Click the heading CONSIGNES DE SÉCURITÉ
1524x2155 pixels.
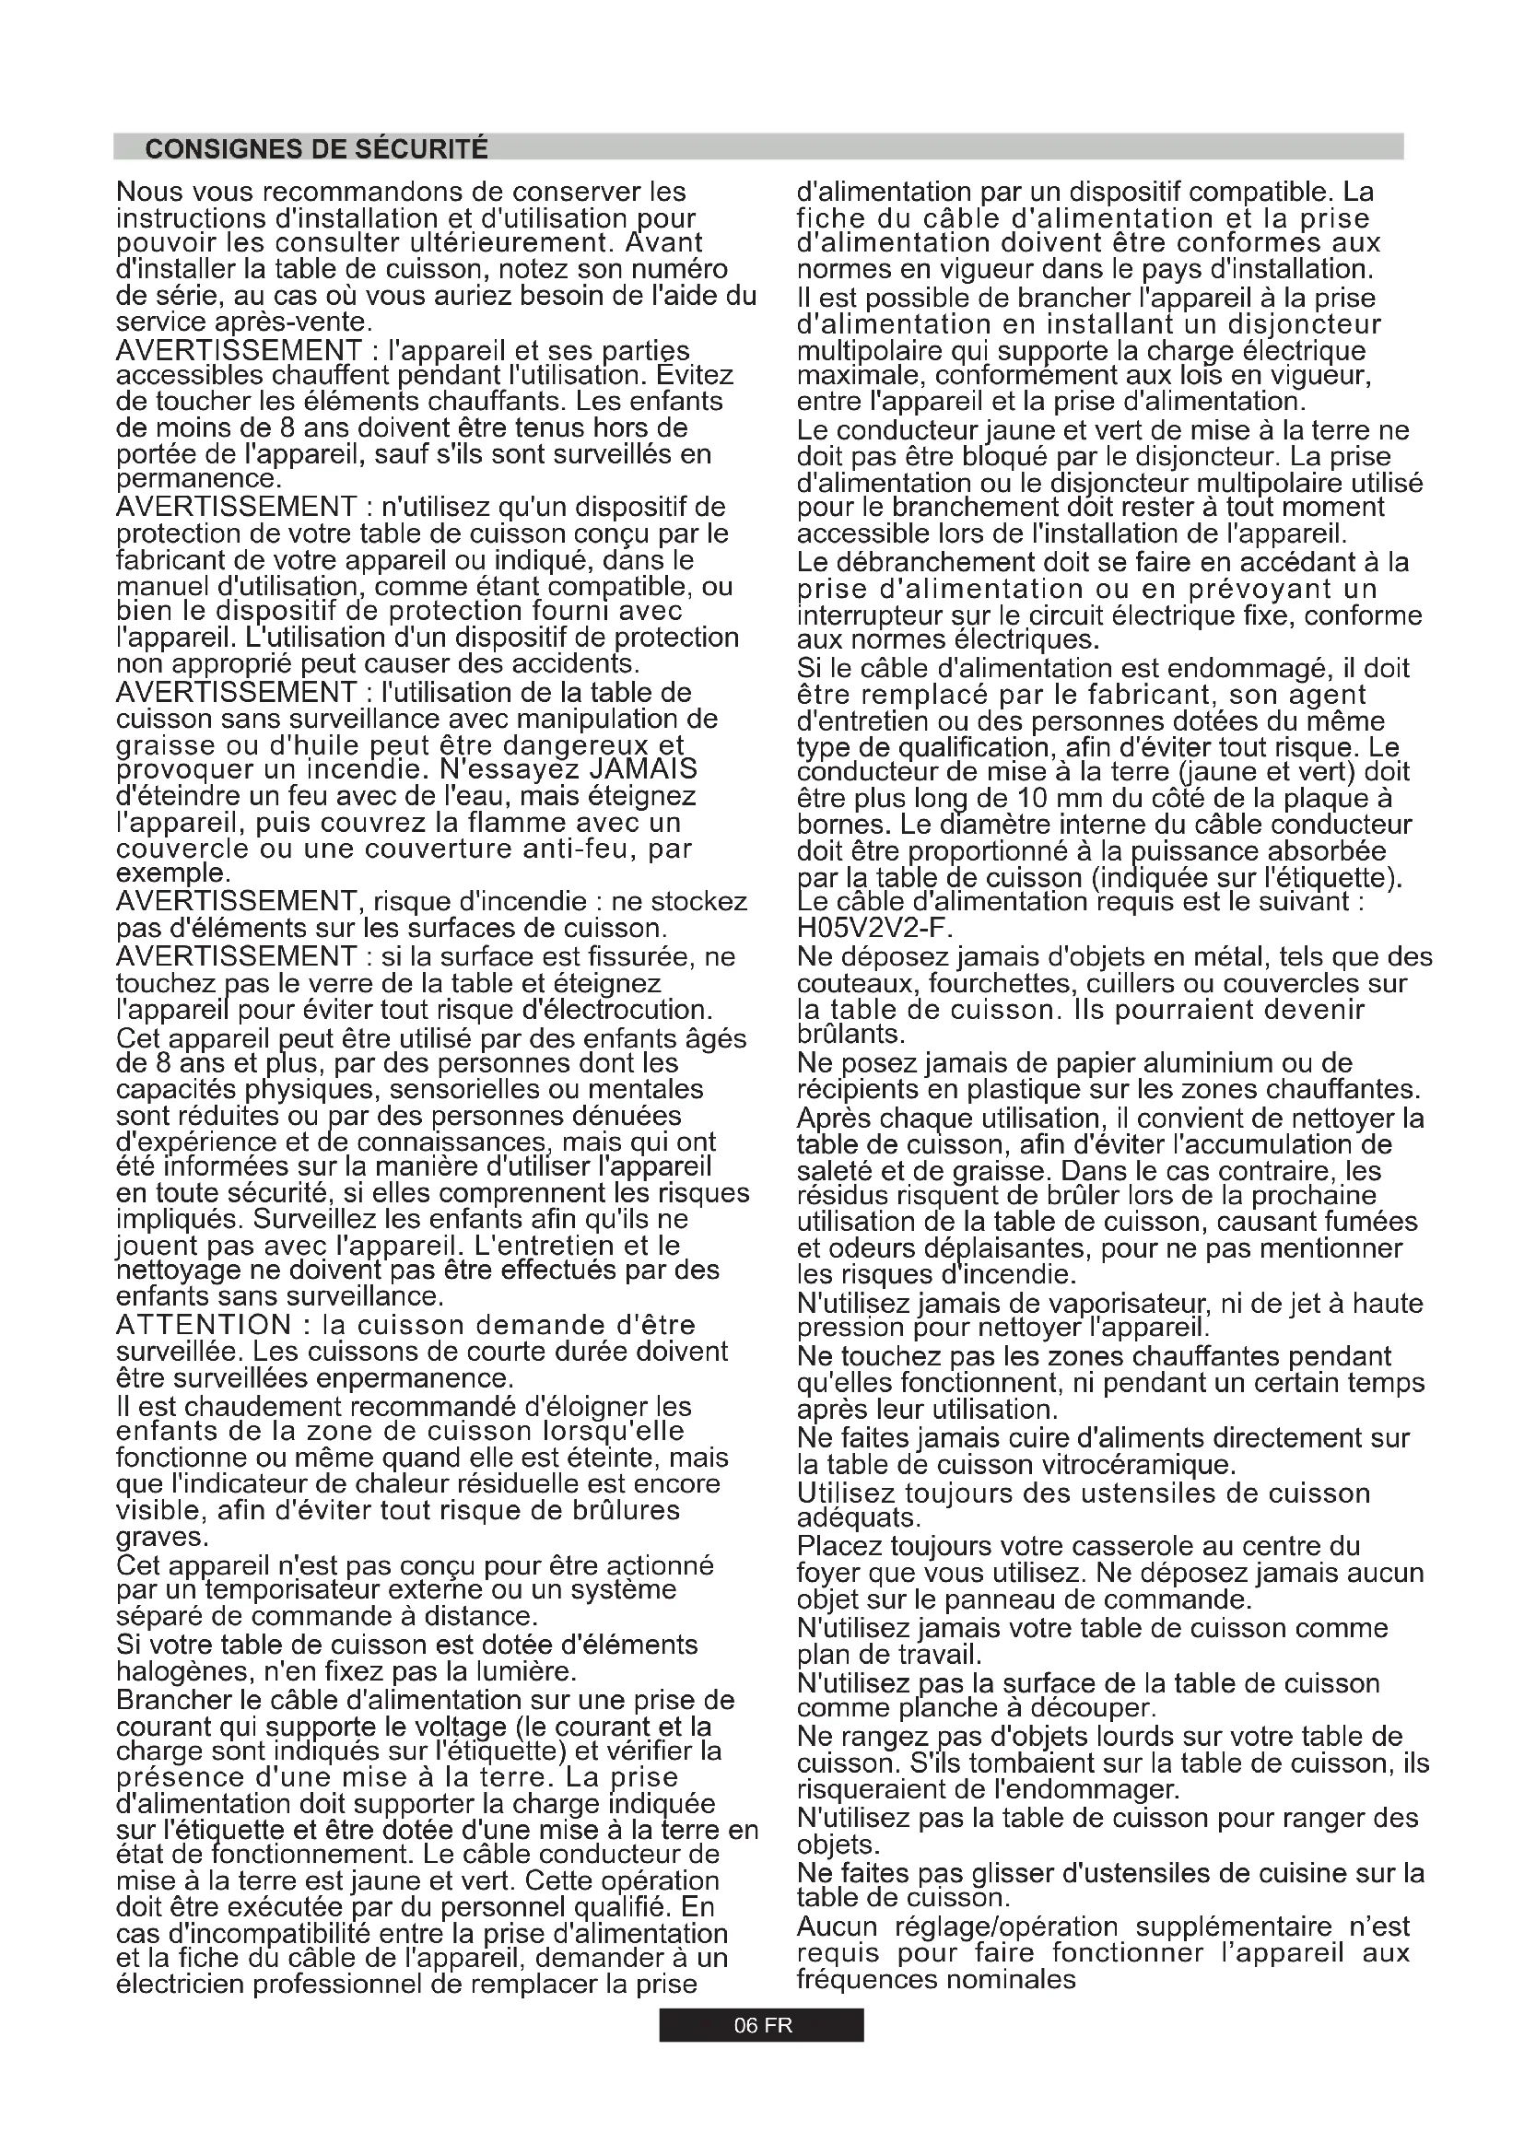point(316,148)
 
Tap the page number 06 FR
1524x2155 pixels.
point(762,2024)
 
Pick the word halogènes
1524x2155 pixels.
point(184,1672)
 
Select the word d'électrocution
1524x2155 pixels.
point(618,1010)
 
